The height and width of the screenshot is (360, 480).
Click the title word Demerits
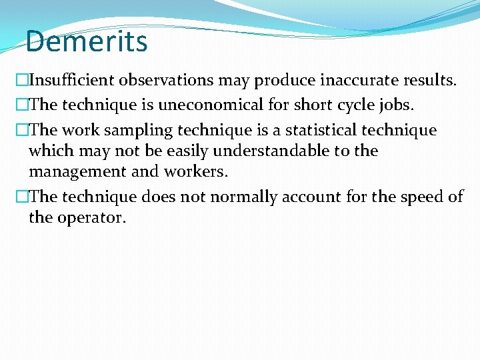tap(87, 41)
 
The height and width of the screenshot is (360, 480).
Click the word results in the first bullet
tap(429, 81)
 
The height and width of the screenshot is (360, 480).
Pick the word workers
tap(198, 171)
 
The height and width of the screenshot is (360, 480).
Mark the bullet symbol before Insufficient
tap(22, 81)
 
